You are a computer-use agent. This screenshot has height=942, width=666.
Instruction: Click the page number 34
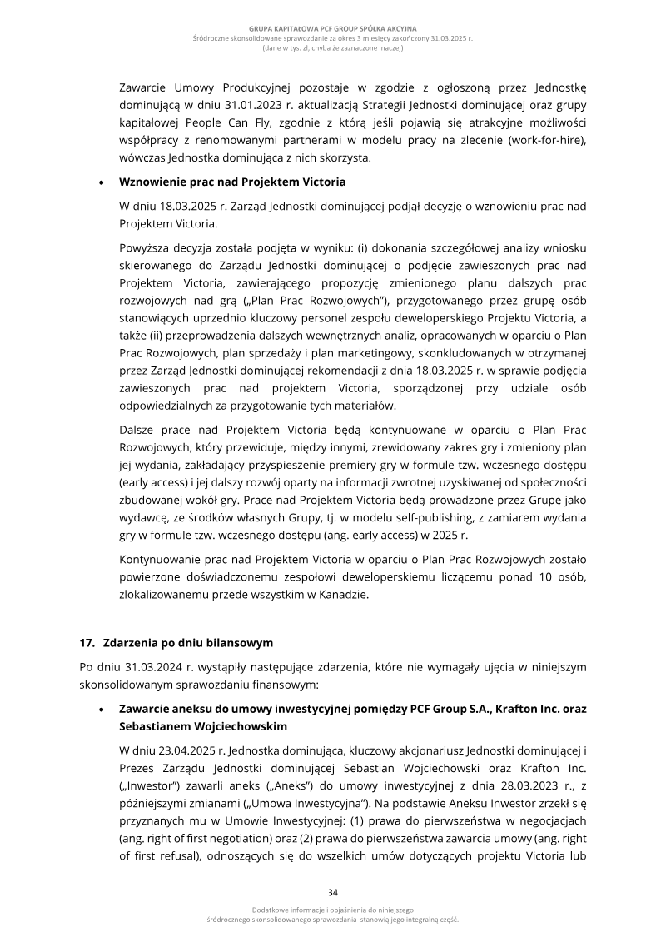(x=333, y=891)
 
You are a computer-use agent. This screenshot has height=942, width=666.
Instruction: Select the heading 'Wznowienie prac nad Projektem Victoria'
(x=232, y=181)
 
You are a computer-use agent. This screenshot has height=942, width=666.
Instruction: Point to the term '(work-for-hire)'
(x=545, y=142)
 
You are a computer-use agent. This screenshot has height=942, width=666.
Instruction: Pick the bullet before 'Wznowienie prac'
(x=102, y=182)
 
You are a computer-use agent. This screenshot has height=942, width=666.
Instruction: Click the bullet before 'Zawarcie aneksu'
(x=102, y=710)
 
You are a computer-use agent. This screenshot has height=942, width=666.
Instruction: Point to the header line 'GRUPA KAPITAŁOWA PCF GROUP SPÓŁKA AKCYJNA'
(x=333, y=29)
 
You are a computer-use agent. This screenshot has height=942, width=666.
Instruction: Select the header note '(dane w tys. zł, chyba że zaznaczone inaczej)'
(x=333, y=48)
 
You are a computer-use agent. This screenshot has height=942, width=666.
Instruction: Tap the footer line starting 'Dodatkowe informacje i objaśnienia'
(x=333, y=910)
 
